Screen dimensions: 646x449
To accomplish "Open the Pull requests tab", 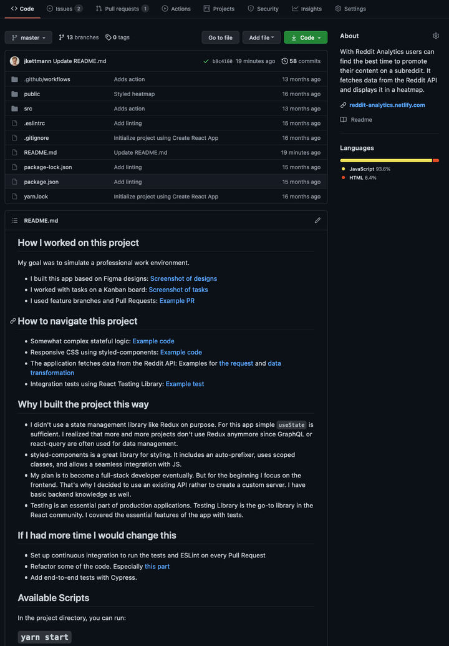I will (x=122, y=9).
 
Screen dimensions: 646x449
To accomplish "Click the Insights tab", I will (x=307, y=9).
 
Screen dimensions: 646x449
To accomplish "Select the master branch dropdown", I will (x=29, y=37).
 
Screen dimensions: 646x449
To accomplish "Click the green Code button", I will (x=306, y=37).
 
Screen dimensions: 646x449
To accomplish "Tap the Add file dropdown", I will (x=261, y=37).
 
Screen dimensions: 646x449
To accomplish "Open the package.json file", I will (x=41, y=182).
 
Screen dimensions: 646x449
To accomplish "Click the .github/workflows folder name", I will (x=47, y=79).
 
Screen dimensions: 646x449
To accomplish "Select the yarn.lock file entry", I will (x=36, y=197).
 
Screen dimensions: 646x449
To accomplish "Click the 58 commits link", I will (x=301, y=61).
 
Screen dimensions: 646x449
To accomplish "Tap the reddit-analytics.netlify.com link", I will (x=387, y=105).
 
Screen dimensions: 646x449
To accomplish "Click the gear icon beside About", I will (x=436, y=36).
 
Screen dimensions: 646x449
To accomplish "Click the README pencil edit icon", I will (x=317, y=220).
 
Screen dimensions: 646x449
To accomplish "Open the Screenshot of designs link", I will (x=183, y=278).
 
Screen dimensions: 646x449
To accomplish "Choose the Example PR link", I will (x=177, y=301).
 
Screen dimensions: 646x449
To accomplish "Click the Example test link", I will (x=185, y=384).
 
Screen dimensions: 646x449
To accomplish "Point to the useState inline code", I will (x=291, y=425).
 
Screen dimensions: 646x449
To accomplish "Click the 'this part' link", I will (x=157, y=566).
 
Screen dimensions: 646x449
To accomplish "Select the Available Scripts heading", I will (x=54, y=597).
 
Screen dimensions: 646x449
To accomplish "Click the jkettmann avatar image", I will (x=15, y=61).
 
